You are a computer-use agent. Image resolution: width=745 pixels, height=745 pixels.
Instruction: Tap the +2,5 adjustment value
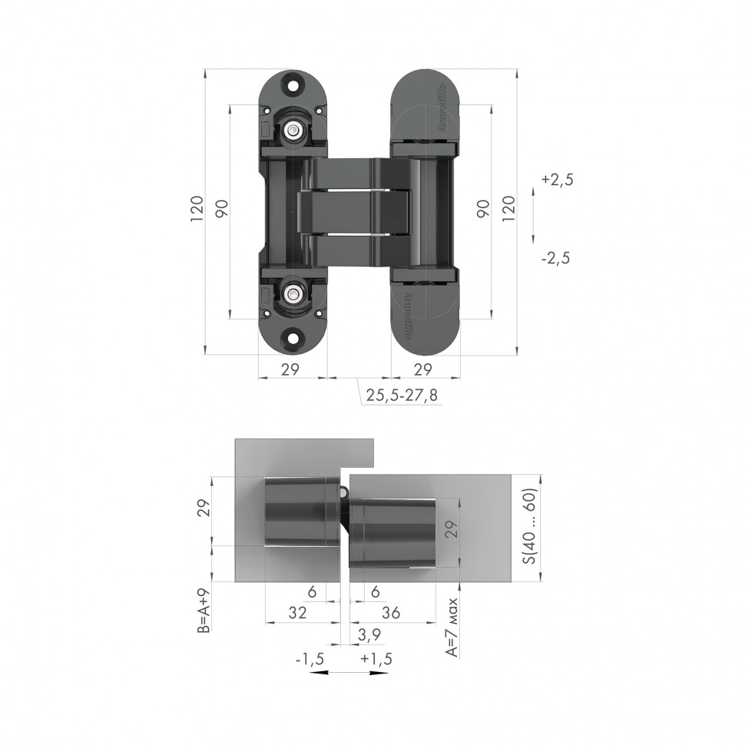pos(558,180)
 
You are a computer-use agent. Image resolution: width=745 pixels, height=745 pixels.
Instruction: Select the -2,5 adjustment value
pos(555,258)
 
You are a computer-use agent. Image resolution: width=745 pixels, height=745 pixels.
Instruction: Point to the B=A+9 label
pos(203,612)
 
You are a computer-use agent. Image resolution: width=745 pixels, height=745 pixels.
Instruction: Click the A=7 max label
pos(453,627)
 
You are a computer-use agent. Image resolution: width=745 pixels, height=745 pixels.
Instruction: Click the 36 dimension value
pos(391,613)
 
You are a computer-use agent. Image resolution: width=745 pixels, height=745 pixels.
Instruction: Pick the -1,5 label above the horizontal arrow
pos(310,659)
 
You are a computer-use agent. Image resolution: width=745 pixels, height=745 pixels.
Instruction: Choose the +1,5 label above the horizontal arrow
pos(376,659)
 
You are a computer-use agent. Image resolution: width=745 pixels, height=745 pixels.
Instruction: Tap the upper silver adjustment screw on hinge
pos(293,132)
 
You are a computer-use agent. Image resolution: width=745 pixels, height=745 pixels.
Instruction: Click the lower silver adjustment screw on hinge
pos(293,293)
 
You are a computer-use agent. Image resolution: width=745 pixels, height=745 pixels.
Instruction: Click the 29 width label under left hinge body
pos(290,369)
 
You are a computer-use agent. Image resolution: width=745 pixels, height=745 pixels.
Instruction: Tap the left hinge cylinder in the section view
pos(301,511)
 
